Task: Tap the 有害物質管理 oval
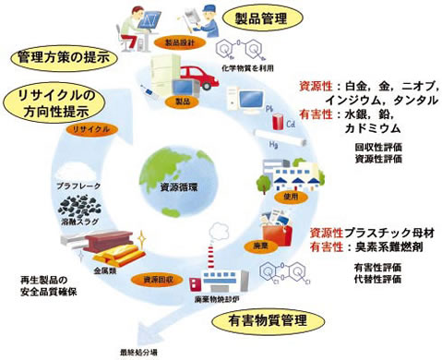[266, 320]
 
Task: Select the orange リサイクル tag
[90, 130]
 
